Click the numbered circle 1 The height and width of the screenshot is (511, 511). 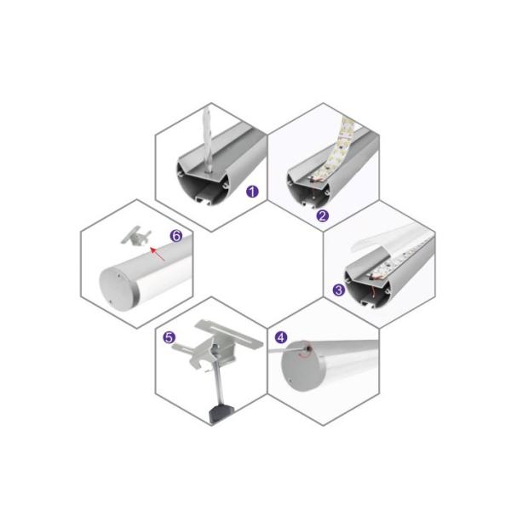click(252, 192)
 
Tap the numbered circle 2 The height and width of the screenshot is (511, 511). click(322, 215)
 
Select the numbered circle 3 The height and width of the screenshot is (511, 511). click(339, 290)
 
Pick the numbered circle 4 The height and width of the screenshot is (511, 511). click(281, 337)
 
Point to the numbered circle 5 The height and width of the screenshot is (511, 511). click(169, 337)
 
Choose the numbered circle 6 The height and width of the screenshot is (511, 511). click(176, 235)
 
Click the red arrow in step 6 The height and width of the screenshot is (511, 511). click(157, 254)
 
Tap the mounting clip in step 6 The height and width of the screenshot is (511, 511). click(135, 235)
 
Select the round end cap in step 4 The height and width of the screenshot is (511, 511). click(301, 365)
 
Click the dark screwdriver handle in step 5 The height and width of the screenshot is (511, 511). click(221, 414)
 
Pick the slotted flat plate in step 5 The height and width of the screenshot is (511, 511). click(229, 333)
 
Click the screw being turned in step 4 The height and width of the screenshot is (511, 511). click(307, 349)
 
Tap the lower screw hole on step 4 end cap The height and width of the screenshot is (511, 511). click(290, 380)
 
